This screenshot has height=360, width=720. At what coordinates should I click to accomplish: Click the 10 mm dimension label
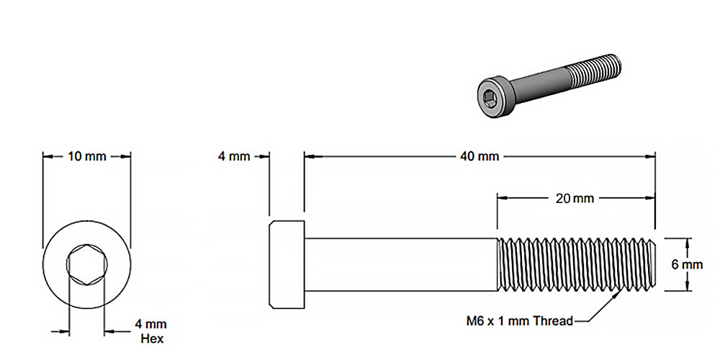pyautogui.click(x=86, y=156)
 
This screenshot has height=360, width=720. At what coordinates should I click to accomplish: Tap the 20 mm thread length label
pyautogui.click(x=575, y=198)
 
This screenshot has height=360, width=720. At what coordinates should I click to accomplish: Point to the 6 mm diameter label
pyautogui.click(x=686, y=264)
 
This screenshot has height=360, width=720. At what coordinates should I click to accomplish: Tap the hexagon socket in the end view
pyautogui.click(x=86, y=266)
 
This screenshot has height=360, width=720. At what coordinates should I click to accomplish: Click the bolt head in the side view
pyautogui.click(x=287, y=264)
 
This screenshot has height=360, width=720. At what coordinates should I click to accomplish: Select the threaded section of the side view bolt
pyautogui.click(x=576, y=264)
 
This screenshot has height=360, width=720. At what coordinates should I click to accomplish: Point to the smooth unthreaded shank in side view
pyautogui.click(x=400, y=264)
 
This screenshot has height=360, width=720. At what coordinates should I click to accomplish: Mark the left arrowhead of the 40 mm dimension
pyautogui.click(x=308, y=156)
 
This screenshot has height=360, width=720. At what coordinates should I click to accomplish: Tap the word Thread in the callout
pyautogui.click(x=552, y=321)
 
